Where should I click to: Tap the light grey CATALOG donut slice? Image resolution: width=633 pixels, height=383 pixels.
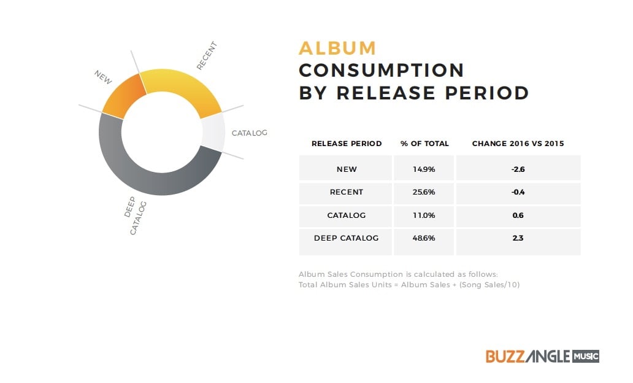(213, 132)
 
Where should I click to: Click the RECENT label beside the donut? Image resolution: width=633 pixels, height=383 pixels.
(207, 55)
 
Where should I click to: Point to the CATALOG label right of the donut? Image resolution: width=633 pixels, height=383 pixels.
(249, 133)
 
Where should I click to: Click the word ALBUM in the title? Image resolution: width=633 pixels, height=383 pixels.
(337, 48)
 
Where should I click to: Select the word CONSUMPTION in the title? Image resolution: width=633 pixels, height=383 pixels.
(382, 71)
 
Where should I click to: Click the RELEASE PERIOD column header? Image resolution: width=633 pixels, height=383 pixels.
(347, 144)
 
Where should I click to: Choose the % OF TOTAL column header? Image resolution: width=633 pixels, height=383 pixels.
(424, 144)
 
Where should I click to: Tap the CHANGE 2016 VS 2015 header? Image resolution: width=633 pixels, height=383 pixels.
(518, 144)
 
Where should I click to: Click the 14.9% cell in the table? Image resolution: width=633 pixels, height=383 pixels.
(423, 169)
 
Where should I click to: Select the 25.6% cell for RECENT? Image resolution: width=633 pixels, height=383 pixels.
(423, 192)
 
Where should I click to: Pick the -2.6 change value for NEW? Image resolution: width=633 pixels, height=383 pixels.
(518, 169)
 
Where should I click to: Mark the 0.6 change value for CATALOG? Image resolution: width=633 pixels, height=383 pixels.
(518, 215)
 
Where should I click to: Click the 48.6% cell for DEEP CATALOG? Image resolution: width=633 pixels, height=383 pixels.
(423, 238)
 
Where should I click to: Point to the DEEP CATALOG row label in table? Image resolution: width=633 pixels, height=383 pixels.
(347, 238)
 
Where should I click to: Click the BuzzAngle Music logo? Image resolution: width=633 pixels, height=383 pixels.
(542, 357)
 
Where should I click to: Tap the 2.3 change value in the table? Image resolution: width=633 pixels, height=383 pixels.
(518, 238)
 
